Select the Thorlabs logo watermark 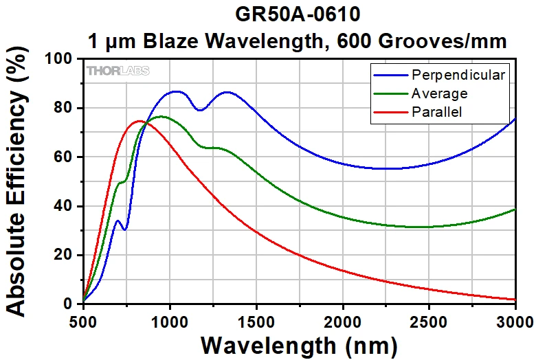[118, 71]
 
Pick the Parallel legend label [436, 111]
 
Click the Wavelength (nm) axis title [300, 343]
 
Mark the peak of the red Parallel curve [139, 121]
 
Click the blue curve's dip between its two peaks [200, 110]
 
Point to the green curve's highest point [161, 117]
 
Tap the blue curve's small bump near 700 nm [118, 221]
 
